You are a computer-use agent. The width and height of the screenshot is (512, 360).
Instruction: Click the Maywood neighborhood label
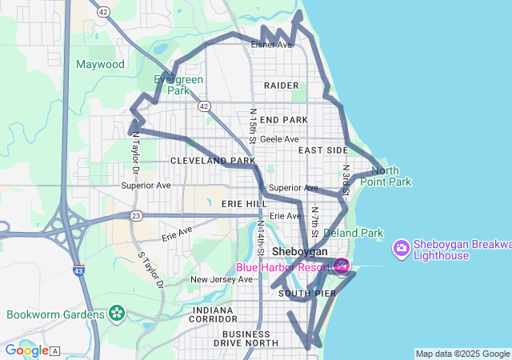point(101,64)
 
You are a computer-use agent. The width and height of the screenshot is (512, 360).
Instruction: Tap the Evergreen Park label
point(178,85)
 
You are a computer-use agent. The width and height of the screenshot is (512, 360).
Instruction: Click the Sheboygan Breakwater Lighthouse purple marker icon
point(401,249)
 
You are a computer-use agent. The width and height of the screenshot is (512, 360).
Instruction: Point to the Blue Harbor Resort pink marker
point(342,266)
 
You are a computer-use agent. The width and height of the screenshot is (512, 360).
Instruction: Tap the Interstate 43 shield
point(78,270)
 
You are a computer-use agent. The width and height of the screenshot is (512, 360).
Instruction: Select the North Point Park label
point(390,176)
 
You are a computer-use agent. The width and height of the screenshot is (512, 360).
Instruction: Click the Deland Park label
point(353,233)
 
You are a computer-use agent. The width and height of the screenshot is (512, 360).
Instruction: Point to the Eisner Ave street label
point(271,45)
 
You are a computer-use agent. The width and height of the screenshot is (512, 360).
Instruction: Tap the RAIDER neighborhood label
point(281,85)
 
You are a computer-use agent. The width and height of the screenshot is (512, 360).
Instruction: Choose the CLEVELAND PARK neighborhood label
point(207,161)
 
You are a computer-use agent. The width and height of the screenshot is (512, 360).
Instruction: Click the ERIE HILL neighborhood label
point(244,204)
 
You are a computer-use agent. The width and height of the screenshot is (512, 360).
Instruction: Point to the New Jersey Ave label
point(220,279)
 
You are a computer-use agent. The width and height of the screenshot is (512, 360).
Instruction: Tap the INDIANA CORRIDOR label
point(214,314)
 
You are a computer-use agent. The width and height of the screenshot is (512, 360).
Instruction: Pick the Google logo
point(26,350)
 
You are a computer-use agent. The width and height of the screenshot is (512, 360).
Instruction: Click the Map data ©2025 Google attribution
point(462,354)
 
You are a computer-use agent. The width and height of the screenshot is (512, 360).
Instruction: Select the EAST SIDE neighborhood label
point(323,150)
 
